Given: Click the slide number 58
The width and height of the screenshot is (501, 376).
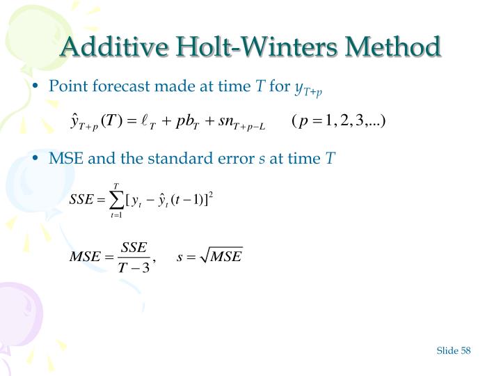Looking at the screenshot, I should pyautogui.click(x=465, y=350).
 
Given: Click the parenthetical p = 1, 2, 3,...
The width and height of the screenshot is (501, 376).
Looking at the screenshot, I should pyautogui.click(x=339, y=122).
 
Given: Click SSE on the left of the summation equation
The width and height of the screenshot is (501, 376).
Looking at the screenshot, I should pyautogui.click(x=81, y=200).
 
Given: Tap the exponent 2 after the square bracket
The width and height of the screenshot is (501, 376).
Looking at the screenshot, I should pyautogui.click(x=210, y=194).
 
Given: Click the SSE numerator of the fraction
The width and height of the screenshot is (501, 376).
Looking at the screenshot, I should pyautogui.click(x=134, y=248).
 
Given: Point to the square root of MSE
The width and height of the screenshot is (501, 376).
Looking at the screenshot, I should pyautogui.click(x=222, y=257).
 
